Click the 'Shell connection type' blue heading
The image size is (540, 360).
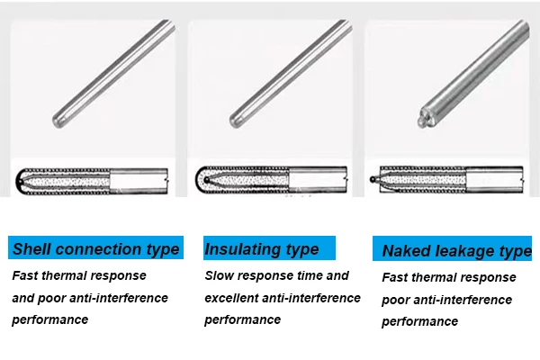(x=95, y=249)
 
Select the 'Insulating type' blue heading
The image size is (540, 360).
(x=261, y=248)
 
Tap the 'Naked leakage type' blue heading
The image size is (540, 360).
(x=456, y=251)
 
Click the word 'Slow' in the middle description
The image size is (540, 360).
(x=221, y=275)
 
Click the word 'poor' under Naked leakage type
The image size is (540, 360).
(x=397, y=300)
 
